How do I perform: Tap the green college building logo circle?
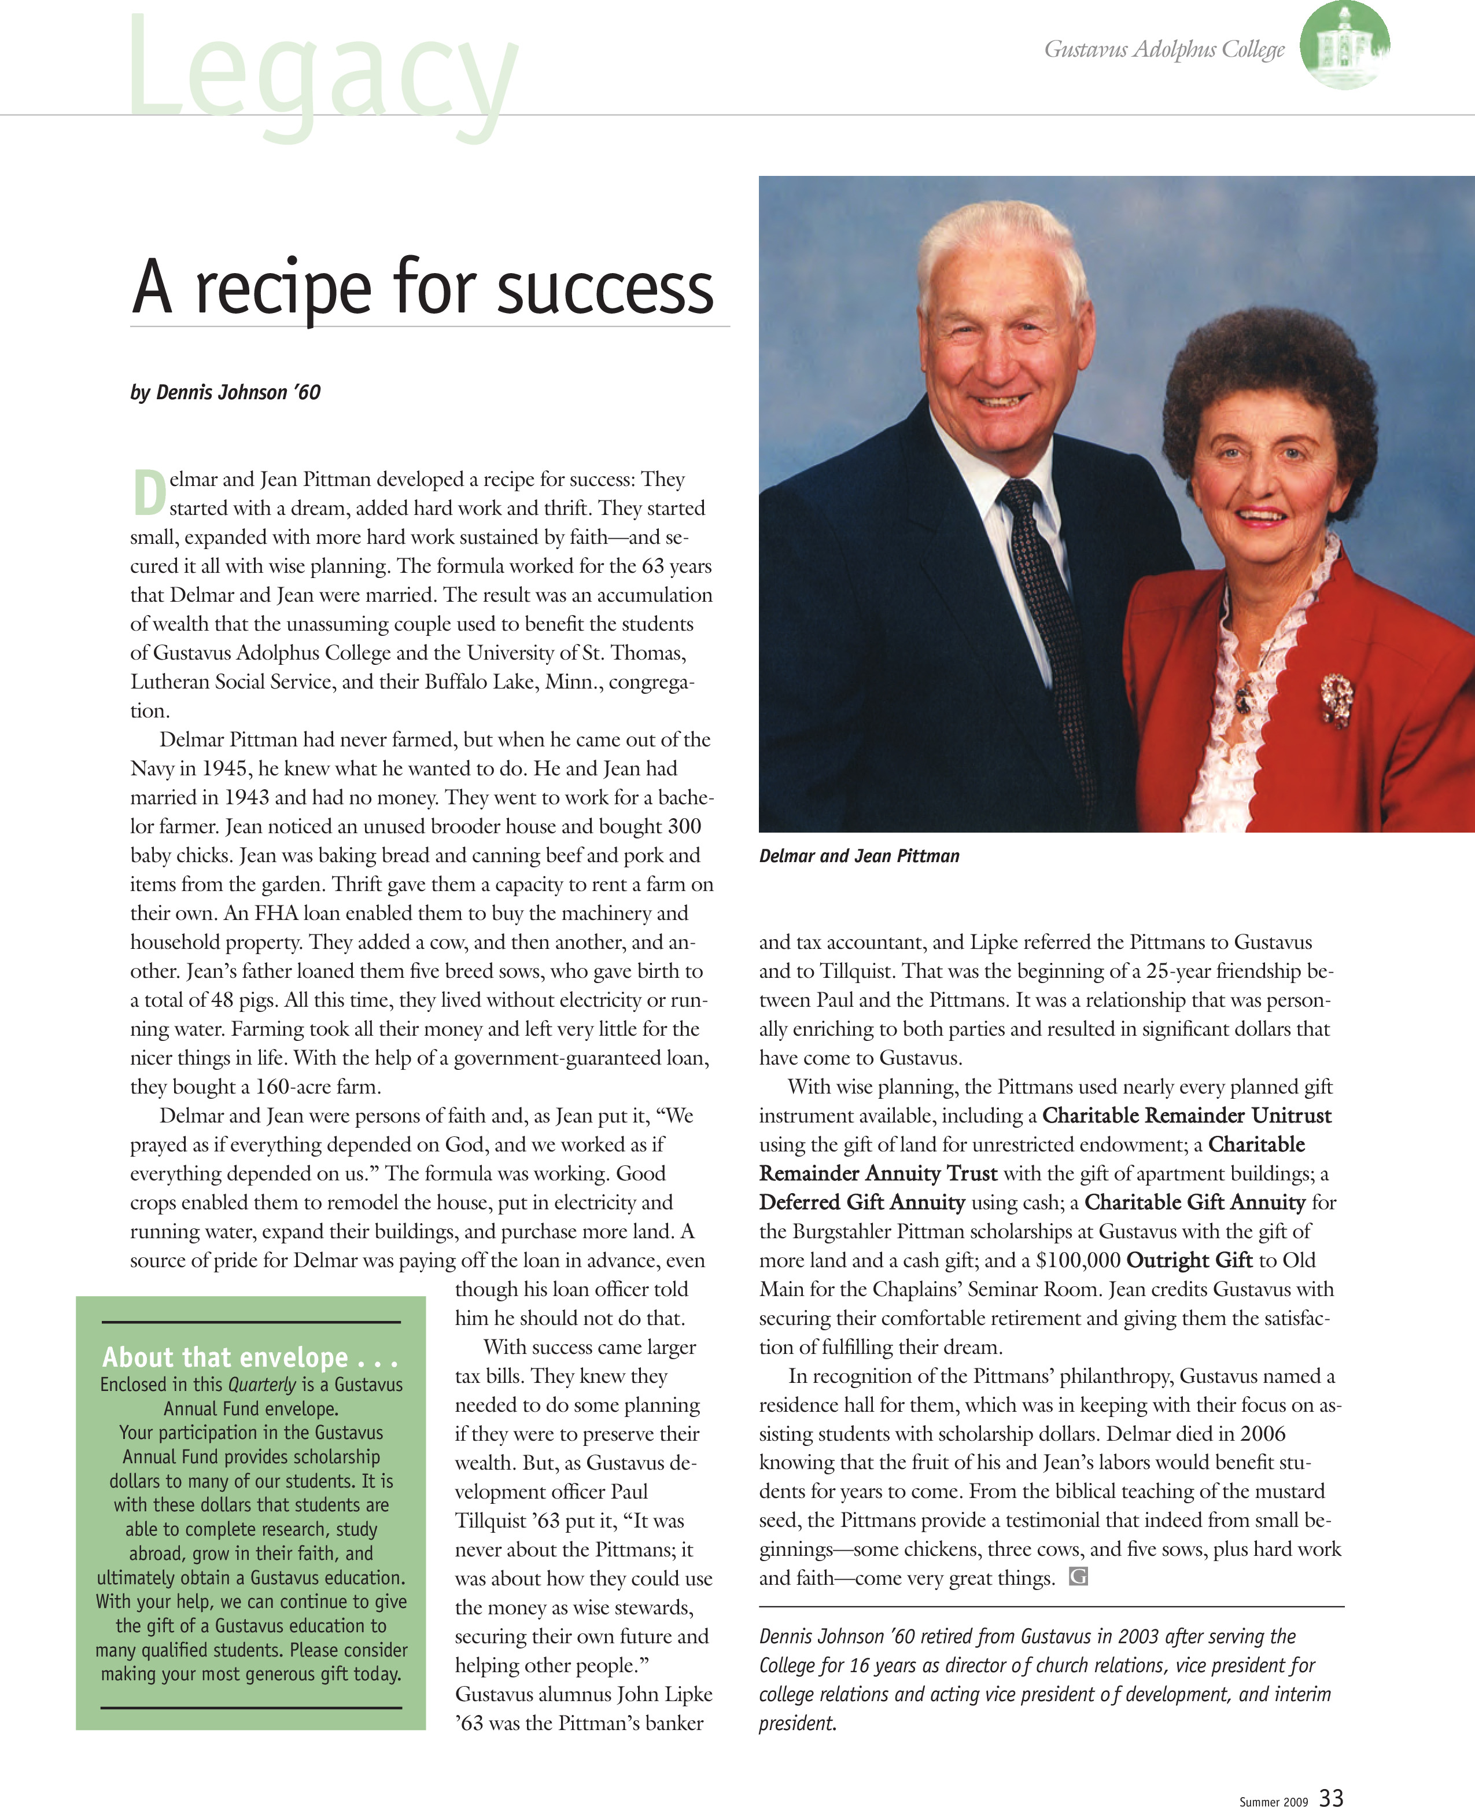pyautogui.click(x=1344, y=44)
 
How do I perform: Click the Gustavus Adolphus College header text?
pyautogui.click(x=1164, y=49)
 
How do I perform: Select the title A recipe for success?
pyautogui.click(x=422, y=288)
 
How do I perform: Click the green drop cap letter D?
pyautogui.click(x=149, y=494)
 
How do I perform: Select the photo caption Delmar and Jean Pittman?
pyautogui.click(x=859, y=856)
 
